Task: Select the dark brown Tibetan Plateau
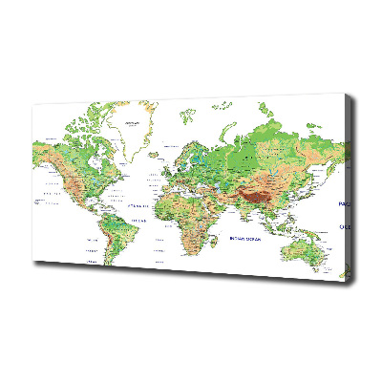[x=259, y=196]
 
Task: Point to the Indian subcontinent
[x=244, y=209]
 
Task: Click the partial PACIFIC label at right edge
[x=345, y=204]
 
